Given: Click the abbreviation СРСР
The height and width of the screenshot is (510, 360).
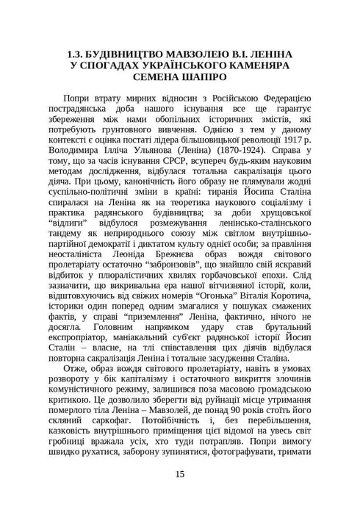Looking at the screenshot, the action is tap(176, 168).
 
